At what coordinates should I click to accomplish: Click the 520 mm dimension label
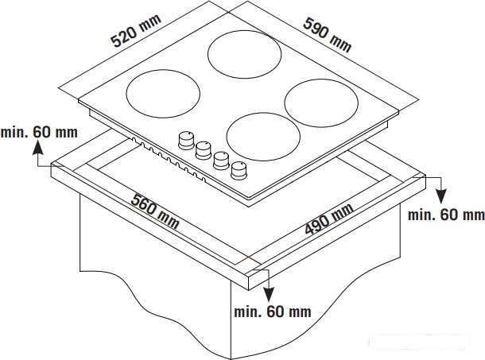pyautogui.click(x=137, y=30)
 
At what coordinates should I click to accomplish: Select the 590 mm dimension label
pyautogui.click(x=328, y=35)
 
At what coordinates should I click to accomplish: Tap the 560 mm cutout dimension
pyautogui.click(x=155, y=211)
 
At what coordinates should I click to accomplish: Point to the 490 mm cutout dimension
pyautogui.click(x=329, y=219)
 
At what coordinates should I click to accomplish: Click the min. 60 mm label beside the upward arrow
pyautogui.click(x=39, y=133)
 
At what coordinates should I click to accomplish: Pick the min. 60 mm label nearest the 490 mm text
pyautogui.click(x=446, y=215)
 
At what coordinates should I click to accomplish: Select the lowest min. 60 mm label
pyautogui.click(x=273, y=312)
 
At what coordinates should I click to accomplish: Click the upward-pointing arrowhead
pyautogui.click(x=38, y=147)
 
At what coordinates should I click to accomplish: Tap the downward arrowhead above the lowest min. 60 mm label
pyautogui.click(x=268, y=294)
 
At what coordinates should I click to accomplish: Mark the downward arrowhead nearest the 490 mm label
pyautogui.click(x=441, y=196)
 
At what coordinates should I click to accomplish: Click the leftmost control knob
pyautogui.click(x=186, y=141)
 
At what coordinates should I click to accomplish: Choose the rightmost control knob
pyautogui.click(x=239, y=170)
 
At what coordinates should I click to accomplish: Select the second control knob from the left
pyautogui.click(x=204, y=150)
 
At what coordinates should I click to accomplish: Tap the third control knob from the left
pyautogui.click(x=221, y=161)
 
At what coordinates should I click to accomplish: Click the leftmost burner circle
pyautogui.click(x=126, y=94)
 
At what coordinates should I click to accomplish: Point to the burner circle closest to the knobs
pyautogui.click(x=227, y=137)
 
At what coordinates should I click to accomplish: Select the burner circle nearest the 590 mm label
pyautogui.click(x=208, y=54)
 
